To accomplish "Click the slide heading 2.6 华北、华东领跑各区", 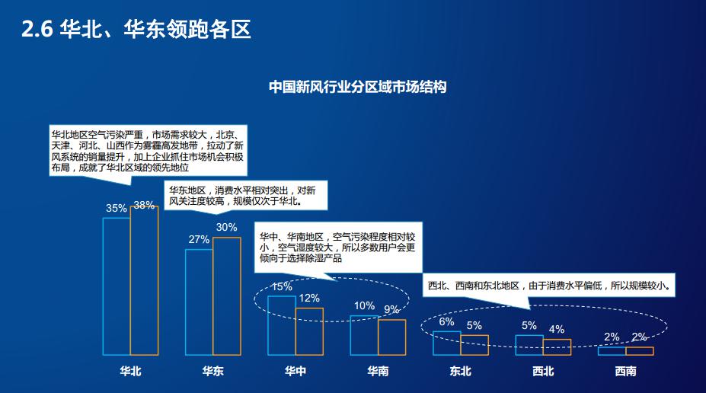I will pos(137,30).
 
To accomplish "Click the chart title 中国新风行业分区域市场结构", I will pos(357,87).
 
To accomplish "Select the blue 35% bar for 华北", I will pos(117,286).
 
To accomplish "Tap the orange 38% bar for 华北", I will pos(144,280).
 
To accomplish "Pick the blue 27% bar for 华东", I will pos(199,302).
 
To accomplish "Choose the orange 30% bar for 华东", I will pos(226,296).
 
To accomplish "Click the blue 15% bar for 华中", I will pos(281,325).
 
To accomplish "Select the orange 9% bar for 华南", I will pos(391,337).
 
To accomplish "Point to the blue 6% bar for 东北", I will pos(446,343).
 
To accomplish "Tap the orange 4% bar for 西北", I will pos(557,347).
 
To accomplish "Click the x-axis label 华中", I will pos(295,372).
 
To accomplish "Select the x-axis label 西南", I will pos(625,372).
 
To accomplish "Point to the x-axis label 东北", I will pos(460,372).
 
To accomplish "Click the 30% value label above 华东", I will pos(226,227).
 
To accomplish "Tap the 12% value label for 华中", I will pos(309,298).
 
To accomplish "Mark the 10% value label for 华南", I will pos(364,305).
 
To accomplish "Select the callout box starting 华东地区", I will pos(246,196).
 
